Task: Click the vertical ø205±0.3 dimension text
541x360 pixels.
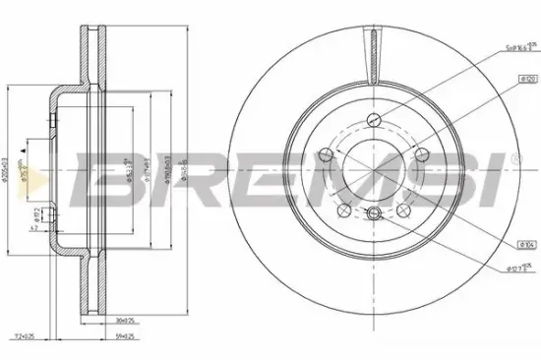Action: [7, 172]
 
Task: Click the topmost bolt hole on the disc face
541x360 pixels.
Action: [372, 121]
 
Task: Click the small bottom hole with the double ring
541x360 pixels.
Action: [372, 216]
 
